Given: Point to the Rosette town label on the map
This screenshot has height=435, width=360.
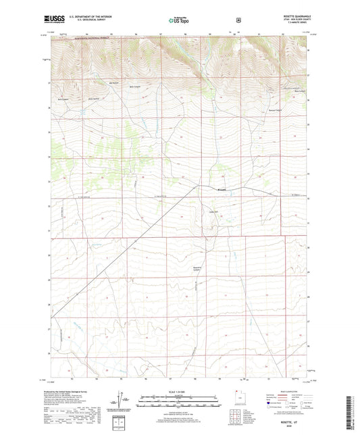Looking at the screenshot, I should [221, 189].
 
